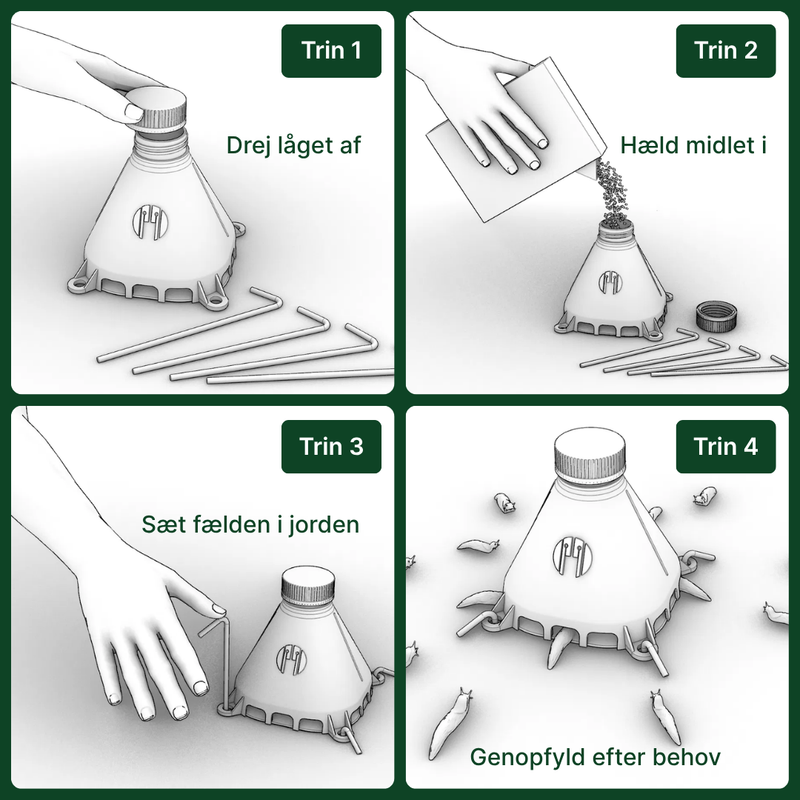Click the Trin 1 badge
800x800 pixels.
331,51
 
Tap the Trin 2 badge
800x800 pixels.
726,51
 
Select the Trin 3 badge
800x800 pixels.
331,446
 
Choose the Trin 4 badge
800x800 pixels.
726,446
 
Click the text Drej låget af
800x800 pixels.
293,146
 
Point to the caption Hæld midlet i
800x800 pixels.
693,145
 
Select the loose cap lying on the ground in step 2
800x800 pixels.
716,315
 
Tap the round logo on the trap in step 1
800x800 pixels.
150,222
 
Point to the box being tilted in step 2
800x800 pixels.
515,140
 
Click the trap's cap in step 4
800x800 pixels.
590,456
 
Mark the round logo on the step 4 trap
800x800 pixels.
572,557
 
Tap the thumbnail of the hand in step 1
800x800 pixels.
133,112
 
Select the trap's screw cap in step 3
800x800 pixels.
308,585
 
